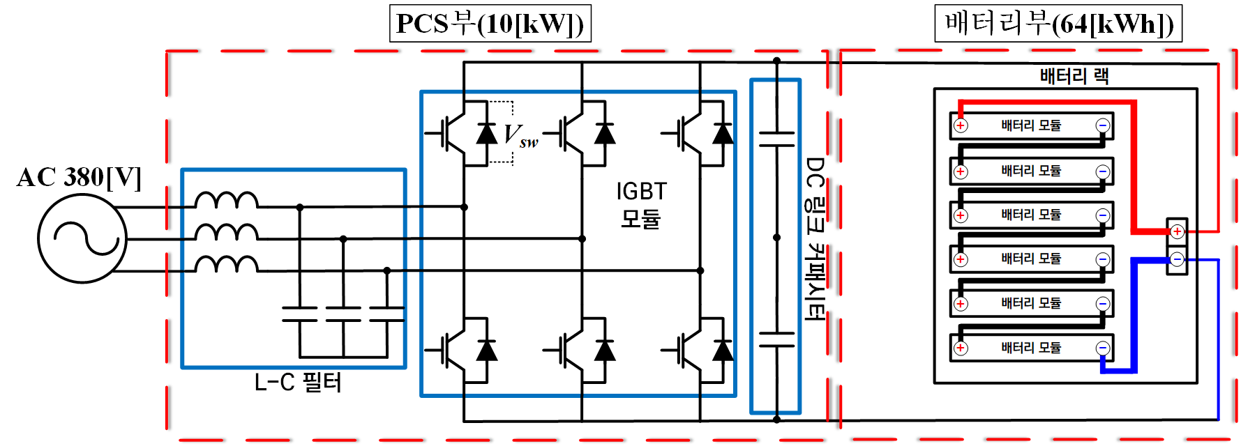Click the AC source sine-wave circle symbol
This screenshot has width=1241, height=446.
click(82, 238)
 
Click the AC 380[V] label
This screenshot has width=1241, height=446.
click(79, 177)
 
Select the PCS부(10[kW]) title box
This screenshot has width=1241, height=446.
click(490, 24)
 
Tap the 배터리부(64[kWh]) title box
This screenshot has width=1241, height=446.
click(1058, 24)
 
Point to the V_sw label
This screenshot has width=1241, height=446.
click(520, 135)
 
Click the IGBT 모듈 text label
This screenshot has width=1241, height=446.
click(641, 205)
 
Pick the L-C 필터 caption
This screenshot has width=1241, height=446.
click(298, 382)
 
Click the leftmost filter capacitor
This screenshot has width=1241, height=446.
click(300, 314)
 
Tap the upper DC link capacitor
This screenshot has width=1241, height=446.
click(776, 139)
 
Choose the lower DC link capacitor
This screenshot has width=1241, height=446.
click(776, 339)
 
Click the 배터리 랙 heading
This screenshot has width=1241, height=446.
click(1074, 75)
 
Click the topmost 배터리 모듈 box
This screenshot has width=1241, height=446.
click(1031, 125)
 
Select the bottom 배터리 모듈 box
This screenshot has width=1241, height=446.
click(1031, 347)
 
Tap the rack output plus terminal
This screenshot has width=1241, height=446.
click(1177, 231)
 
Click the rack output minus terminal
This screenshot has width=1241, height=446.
click(1177, 260)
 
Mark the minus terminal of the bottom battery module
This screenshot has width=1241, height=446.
click(1102, 348)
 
